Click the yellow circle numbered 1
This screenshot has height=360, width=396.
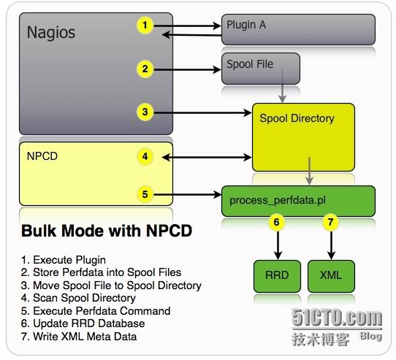[x=146, y=26]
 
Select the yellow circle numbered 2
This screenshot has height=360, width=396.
[x=146, y=69]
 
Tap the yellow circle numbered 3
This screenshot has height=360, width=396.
[x=146, y=112]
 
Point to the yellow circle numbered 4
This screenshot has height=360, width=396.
[x=146, y=156]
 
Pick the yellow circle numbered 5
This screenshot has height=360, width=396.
[x=146, y=194]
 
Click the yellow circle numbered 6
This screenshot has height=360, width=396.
[x=277, y=222]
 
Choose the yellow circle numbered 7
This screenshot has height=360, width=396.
[x=330, y=222]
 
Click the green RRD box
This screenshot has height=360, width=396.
[x=277, y=277]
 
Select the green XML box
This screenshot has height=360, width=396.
[x=330, y=277]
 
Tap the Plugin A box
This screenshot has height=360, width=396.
[x=298, y=29]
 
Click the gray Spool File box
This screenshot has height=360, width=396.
[x=261, y=67]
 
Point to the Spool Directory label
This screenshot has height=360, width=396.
[x=297, y=118]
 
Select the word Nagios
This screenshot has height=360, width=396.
[x=51, y=33]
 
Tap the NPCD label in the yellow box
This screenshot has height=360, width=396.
[x=42, y=156]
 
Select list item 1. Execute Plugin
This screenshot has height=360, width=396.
[x=64, y=259]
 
